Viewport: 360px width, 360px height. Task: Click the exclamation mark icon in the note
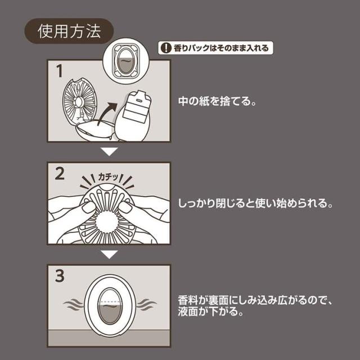[x=164, y=48]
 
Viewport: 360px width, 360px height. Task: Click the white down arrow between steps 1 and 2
[x=109, y=152]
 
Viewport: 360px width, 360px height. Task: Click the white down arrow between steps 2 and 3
[x=109, y=255]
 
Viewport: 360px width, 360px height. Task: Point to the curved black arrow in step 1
[x=109, y=112]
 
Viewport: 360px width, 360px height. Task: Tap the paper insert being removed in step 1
[x=135, y=115]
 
